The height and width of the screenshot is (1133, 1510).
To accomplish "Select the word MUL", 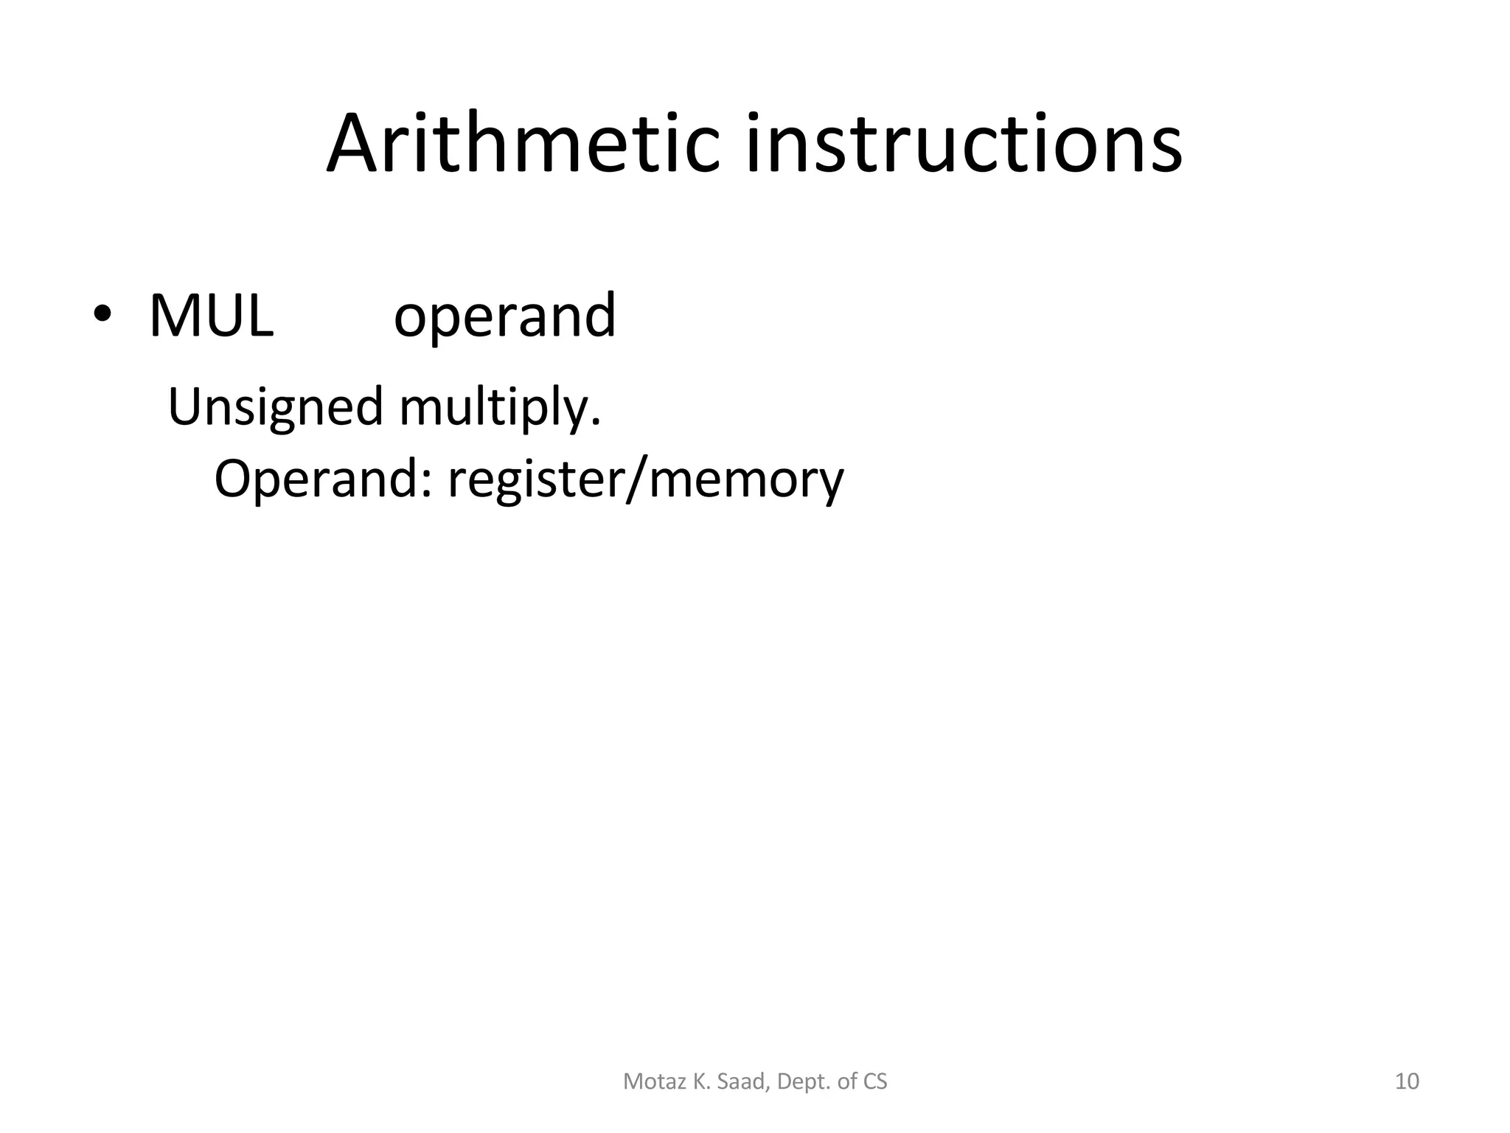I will tap(211, 316).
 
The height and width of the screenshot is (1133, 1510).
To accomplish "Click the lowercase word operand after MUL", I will tap(504, 316).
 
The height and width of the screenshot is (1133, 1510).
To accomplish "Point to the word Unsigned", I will tap(276, 407).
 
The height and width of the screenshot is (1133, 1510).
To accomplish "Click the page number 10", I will tap(1407, 1081).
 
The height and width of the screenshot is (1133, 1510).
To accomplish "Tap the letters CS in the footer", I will tap(875, 1081).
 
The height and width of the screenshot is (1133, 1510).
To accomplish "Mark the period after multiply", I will tap(596, 423).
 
